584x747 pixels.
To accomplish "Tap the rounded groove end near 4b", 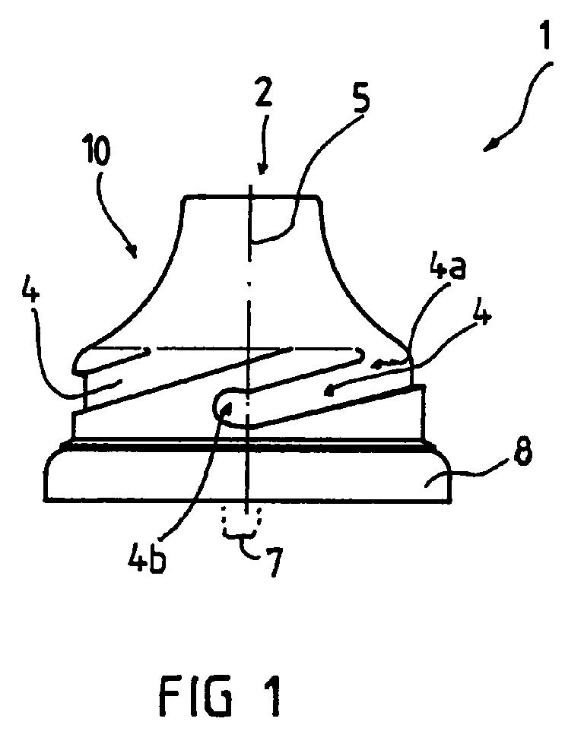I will tap(225, 405).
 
